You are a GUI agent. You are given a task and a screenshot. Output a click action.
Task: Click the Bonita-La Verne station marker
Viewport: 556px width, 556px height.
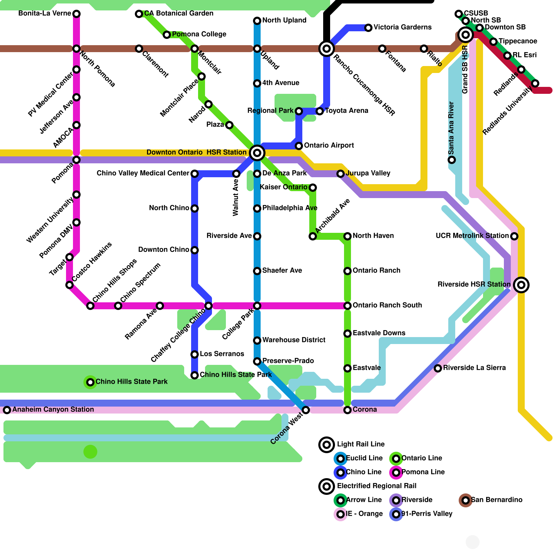point(76,14)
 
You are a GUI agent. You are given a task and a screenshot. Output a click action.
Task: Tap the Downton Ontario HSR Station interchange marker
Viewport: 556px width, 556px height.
point(257,153)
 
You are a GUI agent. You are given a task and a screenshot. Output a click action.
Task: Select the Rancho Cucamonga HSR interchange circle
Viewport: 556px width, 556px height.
point(327,49)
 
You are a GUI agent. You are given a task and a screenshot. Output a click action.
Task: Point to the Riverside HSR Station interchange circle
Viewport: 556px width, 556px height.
point(521,285)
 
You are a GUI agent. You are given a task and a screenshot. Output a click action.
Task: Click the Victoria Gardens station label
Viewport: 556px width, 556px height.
point(402,27)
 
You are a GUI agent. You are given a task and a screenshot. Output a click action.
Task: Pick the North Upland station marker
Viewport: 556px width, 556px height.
point(257,21)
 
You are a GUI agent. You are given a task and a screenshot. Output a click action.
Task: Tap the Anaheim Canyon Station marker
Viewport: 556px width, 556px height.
point(7,410)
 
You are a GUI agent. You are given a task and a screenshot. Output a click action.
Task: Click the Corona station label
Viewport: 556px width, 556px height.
point(365,409)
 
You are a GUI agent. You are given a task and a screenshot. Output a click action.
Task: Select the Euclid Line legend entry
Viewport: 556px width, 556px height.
point(364,458)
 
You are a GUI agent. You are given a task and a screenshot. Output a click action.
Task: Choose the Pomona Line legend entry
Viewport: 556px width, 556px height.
point(423,472)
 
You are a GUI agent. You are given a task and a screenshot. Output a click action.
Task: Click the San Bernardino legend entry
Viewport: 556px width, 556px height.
point(496,500)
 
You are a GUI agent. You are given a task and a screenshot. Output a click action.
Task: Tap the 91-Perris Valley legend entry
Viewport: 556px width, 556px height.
point(427,514)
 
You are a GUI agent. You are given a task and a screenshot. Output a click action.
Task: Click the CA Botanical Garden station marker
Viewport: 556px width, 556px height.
point(139,14)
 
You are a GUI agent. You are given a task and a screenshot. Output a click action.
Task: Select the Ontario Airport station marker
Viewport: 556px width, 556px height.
point(299,146)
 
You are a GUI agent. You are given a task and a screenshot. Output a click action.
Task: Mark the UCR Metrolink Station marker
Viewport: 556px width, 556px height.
point(514,236)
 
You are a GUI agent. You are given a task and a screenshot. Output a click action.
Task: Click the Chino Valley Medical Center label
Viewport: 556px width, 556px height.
point(143,173)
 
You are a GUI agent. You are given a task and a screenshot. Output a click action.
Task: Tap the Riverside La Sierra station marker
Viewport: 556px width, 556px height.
point(438,368)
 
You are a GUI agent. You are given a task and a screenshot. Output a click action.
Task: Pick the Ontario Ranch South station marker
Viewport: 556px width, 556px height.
point(347,306)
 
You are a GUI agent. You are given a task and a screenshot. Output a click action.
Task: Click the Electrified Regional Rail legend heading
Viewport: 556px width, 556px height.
point(376,486)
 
